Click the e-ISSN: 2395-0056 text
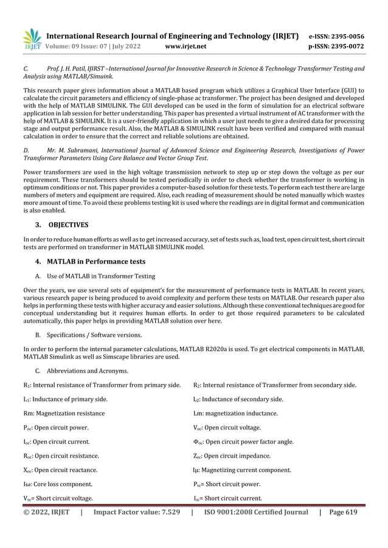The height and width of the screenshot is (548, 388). coord(337,36)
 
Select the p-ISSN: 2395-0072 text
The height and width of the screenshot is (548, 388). coord(337,46)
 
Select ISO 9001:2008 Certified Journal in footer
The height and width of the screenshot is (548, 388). coord(256,512)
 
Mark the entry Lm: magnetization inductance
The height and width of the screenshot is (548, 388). coord(235,413)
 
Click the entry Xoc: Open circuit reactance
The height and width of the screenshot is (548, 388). coord(60,470)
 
